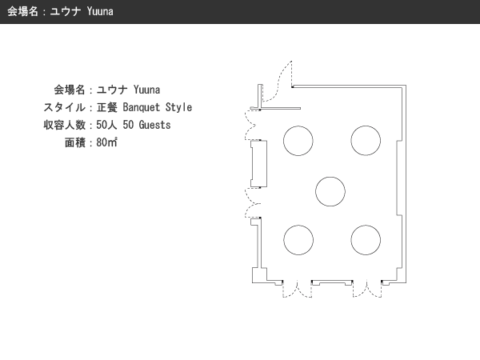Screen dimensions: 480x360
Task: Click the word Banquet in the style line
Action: pos(142,107)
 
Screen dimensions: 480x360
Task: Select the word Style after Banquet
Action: pos(178,107)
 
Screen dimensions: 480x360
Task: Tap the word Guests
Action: pos(154,125)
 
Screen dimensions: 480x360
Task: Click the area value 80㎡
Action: pos(107,142)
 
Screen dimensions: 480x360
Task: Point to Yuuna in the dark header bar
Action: pos(100,12)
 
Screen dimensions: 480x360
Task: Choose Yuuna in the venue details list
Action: pos(146,90)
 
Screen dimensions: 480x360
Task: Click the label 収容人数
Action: pos(64,125)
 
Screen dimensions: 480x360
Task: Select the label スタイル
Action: pos(64,107)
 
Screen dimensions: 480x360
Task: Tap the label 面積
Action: pos(75,142)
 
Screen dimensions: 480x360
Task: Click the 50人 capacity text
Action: pos(106,125)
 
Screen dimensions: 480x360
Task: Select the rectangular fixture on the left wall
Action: pos(259,164)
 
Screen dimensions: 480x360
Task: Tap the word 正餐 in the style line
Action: pos(107,107)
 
